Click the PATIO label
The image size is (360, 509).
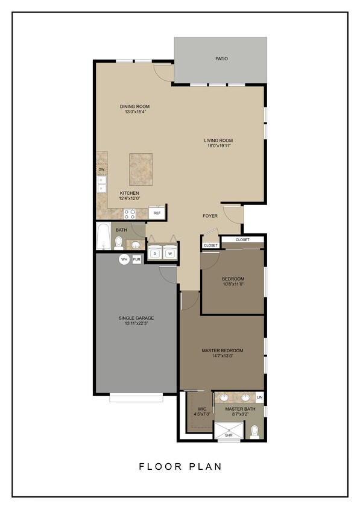tap(221, 59)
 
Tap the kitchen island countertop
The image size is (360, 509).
tap(140, 169)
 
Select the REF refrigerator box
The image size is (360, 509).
tap(157, 213)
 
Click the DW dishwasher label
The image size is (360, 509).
tap(101, 170)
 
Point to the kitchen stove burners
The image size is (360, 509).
tap(130, 213)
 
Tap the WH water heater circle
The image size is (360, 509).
tap(124, 259)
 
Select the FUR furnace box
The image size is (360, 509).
tap(137, 259)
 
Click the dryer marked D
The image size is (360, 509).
tap(155, 254)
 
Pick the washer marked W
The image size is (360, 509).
tap(170, 254)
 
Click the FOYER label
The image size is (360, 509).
tap(210, 215)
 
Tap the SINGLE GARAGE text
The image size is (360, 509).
tap(136, 318)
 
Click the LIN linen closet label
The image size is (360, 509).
tap(260, 397)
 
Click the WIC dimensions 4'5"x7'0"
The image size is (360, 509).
tap(201, 414)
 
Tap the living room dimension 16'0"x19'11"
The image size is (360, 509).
tap(218, 145)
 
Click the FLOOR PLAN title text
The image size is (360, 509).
tap(180, 466)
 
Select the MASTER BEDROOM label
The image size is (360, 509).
tap(222, 350)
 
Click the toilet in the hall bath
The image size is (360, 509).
tap(119, 242)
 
